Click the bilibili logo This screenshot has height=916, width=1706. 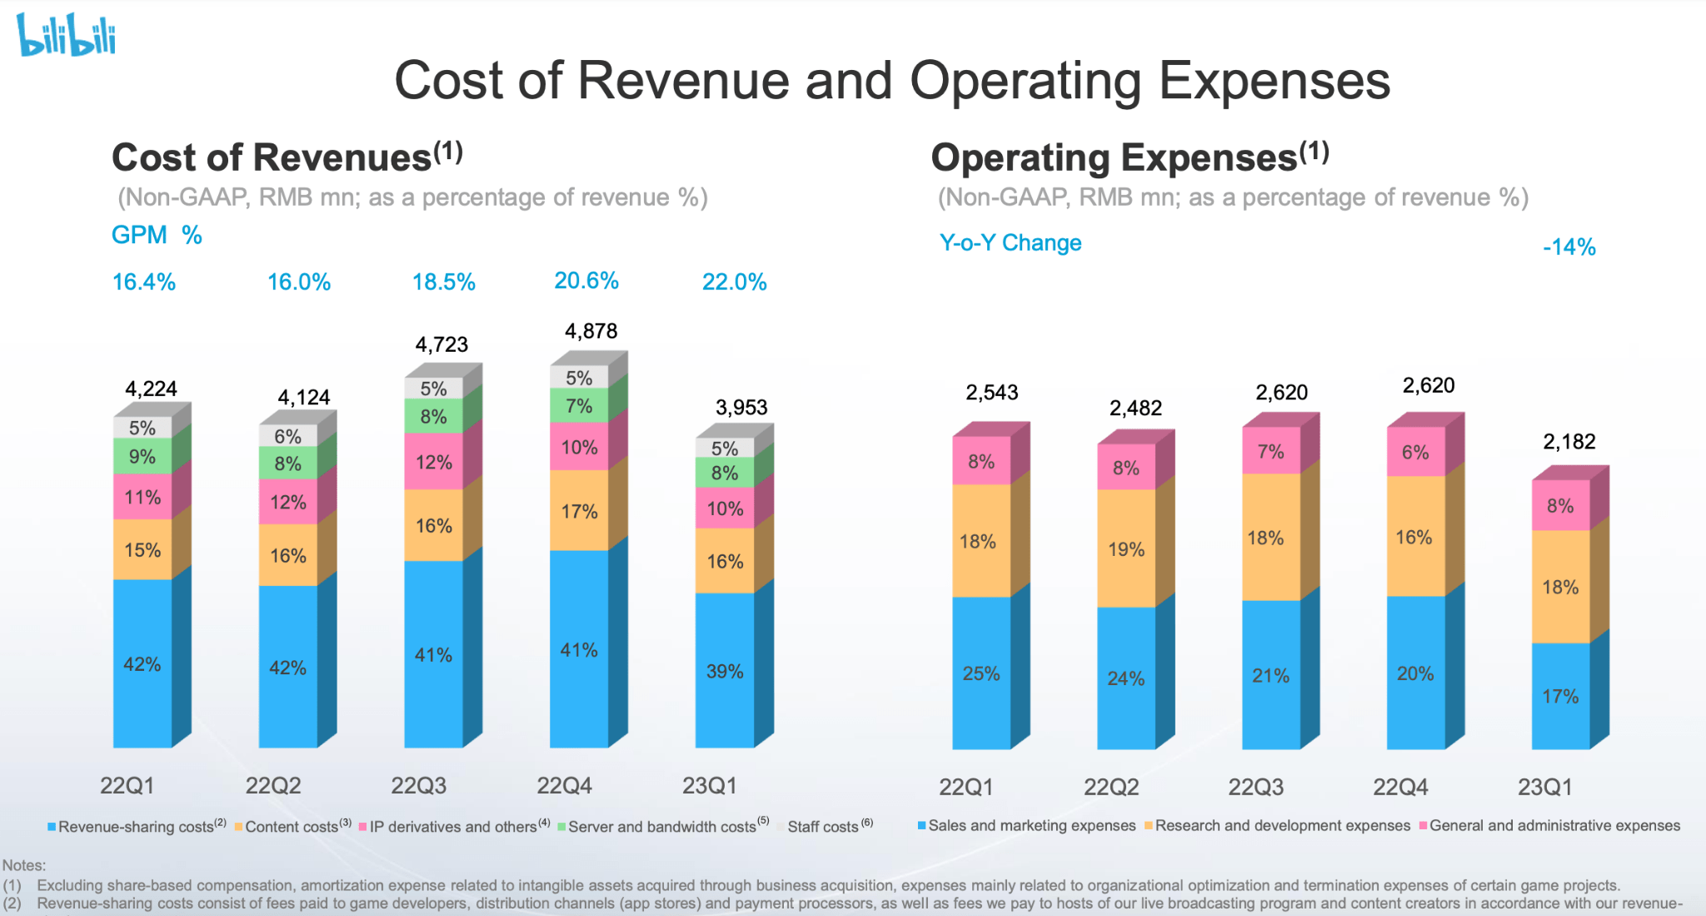click(x=67, y=35)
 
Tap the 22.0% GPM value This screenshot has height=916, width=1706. click(x=734, y=282)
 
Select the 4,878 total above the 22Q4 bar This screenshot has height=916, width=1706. click(x=591, y=331)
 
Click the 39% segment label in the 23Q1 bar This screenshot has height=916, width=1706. click(x=725, y=671)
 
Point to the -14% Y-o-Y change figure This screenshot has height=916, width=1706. click(x=1569, y=247)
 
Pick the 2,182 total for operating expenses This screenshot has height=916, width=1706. click(x=1569, y=441)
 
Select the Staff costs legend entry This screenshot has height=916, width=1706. click(x=824, y=826)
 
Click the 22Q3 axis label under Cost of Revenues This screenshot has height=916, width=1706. click(x=418, y=785)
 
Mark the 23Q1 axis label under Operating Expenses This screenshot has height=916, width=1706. click(x=1544, y=787)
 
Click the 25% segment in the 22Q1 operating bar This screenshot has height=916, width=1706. click(x=981, y=673)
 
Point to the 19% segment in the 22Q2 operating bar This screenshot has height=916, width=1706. click(x=1126, y=549)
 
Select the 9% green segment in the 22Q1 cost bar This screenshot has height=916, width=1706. click(x=142, y=456)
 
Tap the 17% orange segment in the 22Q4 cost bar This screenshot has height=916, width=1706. click(x=579, y=511)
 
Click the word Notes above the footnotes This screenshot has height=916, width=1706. click(x=24, y=865)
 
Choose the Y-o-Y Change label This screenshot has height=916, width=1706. click(x=1010, y=243)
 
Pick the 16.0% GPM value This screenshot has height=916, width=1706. click(x=298, y=282)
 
